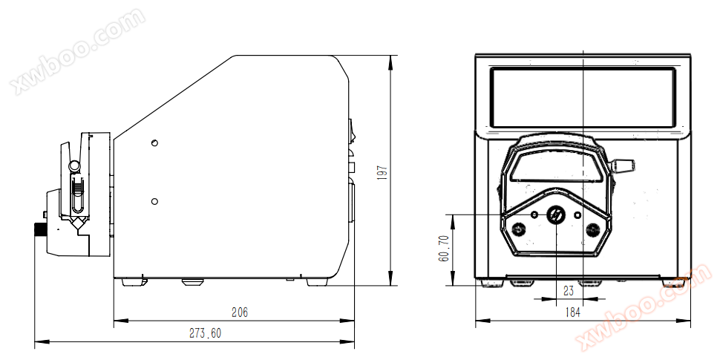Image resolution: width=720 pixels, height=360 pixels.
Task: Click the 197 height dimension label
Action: (x=382, y=172)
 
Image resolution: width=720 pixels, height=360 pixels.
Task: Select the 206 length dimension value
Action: (x=240, y=312)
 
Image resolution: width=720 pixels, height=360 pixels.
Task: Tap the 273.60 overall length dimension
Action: (x=206, y=333)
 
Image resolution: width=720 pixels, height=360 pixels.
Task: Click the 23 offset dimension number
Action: (x=569, y=291)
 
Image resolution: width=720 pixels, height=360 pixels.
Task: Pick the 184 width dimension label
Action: (x=572, y=312)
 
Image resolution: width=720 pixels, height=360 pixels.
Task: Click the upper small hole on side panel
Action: (x=154, y=143)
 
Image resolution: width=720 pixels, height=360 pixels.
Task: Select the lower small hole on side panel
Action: (x=154, y=201)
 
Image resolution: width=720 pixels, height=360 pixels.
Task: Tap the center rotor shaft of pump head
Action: (x=556, y=215)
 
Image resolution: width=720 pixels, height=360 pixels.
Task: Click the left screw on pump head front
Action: (x=518, y=229)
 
